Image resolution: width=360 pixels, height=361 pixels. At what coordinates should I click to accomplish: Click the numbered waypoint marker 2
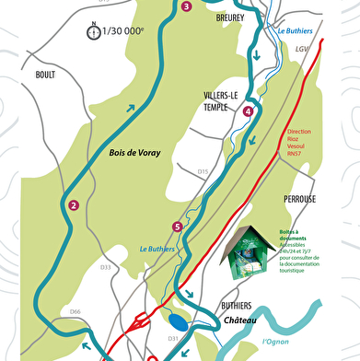pos(73,205)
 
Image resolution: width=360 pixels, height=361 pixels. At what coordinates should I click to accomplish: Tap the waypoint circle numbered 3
pos(187,7)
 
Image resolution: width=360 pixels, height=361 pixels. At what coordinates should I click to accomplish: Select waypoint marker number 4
pos(249,111)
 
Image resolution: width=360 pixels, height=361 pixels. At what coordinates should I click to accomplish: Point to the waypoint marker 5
pos(177,227)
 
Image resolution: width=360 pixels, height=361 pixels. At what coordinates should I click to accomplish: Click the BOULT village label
pos(45,75)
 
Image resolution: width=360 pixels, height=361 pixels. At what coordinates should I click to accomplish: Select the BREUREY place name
pos(230,17)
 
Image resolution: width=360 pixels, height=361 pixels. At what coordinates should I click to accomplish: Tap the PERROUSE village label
pos(301,199)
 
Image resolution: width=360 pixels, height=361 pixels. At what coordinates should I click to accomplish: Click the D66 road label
pos(75,312)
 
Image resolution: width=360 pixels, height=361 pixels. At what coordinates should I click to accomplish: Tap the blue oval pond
pos(178,323)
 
